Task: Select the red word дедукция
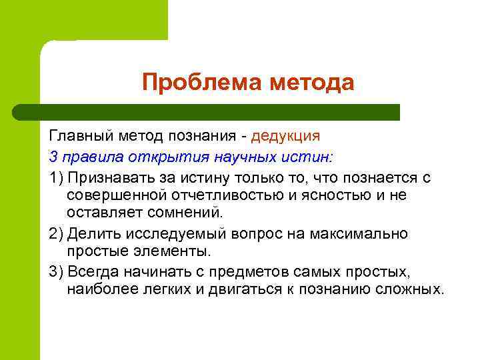286,135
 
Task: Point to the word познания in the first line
203,135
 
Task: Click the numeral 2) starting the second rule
57,234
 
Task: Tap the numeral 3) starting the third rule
57,273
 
